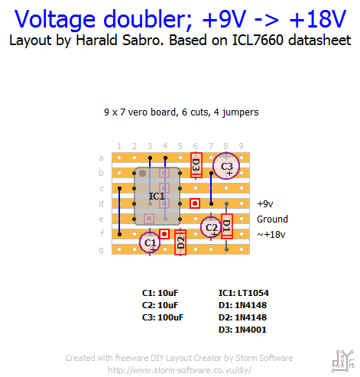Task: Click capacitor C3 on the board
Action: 226,166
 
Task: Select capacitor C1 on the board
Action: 150,242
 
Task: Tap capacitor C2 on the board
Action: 211,227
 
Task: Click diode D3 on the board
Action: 196,165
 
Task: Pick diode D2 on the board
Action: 180,242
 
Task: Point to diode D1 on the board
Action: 226,226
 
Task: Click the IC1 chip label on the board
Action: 157,197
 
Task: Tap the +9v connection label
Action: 265,204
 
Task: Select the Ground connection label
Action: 272,219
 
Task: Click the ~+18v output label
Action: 271,234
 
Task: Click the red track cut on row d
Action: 195,203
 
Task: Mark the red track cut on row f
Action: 164,234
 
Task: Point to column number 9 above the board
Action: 242,146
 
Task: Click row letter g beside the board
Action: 102,250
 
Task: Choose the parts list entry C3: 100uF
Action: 163,317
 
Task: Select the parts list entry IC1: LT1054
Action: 244,293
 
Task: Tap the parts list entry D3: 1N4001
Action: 242,330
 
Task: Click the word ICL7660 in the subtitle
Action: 258,41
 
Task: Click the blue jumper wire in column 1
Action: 119,211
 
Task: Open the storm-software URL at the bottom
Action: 180,370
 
